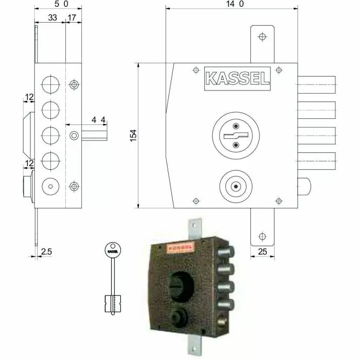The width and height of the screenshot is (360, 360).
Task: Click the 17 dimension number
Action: tap(72, 18)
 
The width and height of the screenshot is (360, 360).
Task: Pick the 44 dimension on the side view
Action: tap(99, 120)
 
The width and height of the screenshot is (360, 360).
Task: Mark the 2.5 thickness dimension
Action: tap(46, 252)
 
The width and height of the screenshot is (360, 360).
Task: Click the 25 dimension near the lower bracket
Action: tap(262, 253)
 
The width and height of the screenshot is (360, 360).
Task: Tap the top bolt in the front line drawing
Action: tap(317, 84)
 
